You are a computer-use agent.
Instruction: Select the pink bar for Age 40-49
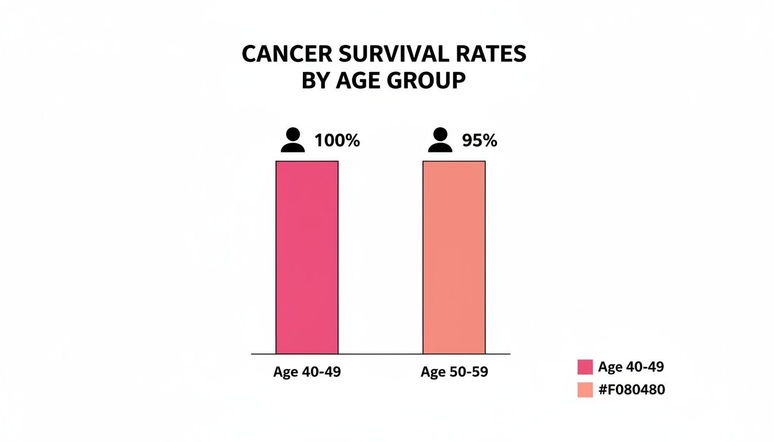(x=307, y=257)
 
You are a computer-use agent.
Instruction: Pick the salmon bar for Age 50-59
(x=454, y=257)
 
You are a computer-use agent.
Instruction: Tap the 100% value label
(x=337, y=140)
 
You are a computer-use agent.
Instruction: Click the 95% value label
(x=479, y=140)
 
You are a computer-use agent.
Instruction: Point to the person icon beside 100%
(x=293, y=140)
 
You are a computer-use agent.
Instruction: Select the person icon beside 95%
(x=440, y=140)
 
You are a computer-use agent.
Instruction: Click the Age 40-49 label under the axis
(x=307, y=372)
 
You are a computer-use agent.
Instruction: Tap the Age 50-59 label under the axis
(x=454, y=372)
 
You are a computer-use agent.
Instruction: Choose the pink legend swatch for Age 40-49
(x=585, y=367)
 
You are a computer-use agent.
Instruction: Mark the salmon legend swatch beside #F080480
(x=585, y=390)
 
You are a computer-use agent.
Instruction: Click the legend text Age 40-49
(x=631, y=367)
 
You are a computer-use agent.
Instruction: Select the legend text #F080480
(x=631, y=390)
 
